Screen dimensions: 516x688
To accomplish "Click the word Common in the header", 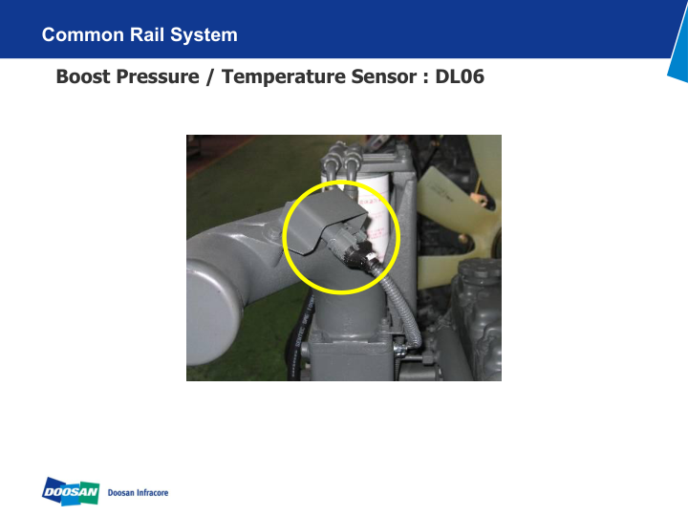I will pos(83,35).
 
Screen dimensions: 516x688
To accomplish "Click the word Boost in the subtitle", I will pos(84,76).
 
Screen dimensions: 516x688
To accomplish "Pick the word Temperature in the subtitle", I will pos(277,76).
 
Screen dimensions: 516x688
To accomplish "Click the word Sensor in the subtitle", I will pos(377,76).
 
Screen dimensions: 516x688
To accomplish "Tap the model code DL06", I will pos(460,76).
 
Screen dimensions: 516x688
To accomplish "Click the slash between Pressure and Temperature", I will pos(210,76).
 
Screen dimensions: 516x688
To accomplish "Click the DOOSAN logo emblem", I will pos(71,491).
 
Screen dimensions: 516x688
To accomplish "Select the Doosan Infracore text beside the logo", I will pos(139,492).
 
